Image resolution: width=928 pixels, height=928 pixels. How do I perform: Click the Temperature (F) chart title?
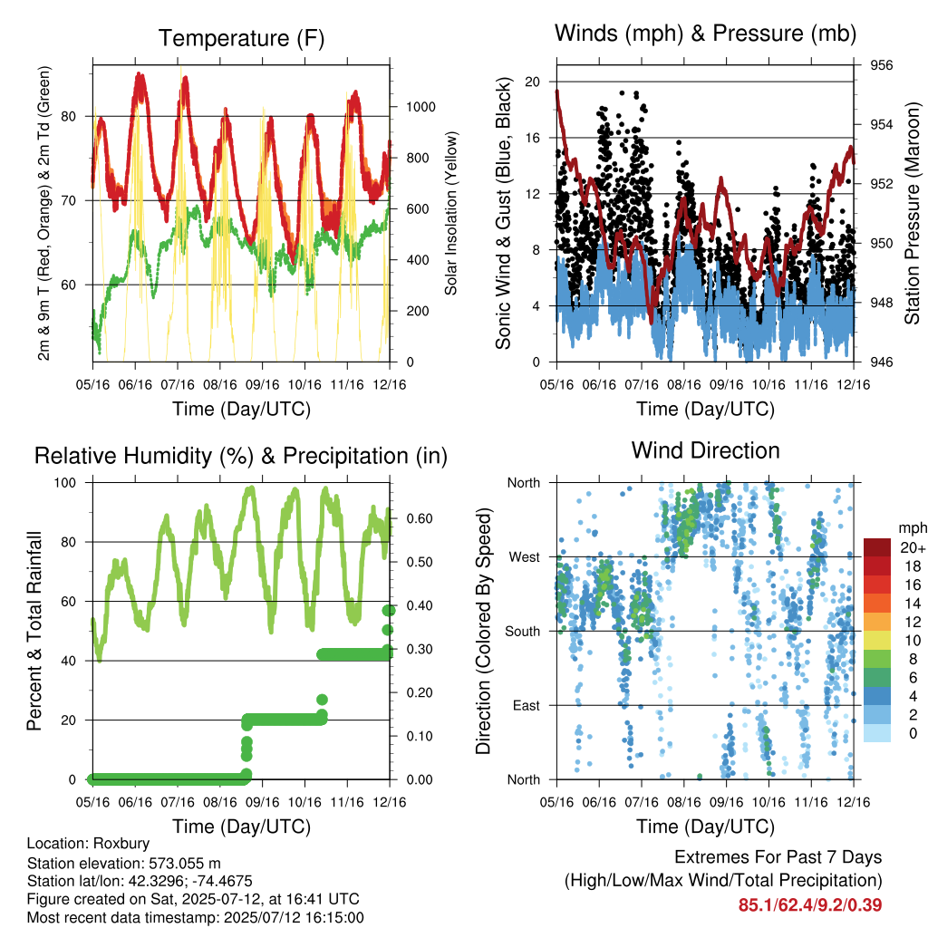point(241,38)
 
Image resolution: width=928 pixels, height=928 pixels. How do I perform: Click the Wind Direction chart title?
point(705,450)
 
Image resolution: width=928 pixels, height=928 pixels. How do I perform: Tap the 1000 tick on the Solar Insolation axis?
point(420,107)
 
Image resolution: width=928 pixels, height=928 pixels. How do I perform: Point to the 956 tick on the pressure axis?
point(881,65)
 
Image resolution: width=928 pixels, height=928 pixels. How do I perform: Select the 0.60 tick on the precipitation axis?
point(419,518)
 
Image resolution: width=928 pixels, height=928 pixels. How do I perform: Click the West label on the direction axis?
point(525,557)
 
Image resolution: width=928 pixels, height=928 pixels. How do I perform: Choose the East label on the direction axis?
point(527,705)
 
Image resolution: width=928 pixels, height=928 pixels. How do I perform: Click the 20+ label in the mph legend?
point(913,547)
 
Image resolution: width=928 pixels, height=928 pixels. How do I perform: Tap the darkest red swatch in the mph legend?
point(877,547)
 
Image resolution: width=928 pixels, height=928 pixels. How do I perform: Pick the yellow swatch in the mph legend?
point(877,641)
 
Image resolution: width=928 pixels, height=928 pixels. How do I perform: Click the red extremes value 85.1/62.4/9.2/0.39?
point(810,904)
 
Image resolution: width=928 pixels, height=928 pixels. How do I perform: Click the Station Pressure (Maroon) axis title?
point(912,213)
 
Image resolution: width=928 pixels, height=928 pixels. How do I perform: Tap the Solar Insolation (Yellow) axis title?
point(451,213)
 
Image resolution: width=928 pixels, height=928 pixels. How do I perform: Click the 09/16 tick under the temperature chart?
point(262,384)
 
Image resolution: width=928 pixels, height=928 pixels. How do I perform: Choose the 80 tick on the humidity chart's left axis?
point(69,542)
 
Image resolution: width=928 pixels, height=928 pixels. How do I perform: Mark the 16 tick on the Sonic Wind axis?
point(533,138)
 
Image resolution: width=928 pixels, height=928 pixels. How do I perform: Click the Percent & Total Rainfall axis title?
point(34,631)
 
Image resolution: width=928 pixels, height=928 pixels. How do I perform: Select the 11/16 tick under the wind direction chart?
point(811,802)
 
